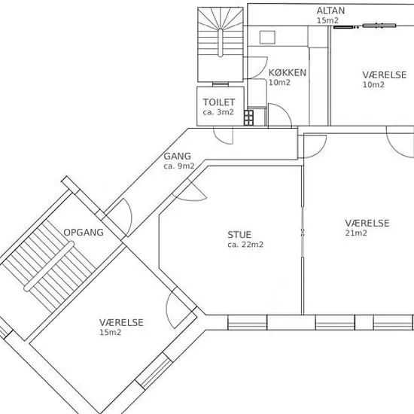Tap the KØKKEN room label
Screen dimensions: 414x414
(x=288, y=73)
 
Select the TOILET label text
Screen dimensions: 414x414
(x=218, y=102)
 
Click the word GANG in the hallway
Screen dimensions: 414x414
(x=177, y=157)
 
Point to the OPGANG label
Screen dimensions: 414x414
(x=84, y=233)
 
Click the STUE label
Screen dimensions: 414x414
(x=239, y=235)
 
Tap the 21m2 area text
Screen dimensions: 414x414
(x=356, y=233)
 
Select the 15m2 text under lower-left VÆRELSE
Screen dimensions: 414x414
(x=110, y=333)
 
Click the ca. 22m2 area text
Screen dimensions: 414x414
(x=245, y=245)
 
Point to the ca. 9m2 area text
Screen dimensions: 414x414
(x=178, y=166)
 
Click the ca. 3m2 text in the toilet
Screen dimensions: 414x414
(x=218, y=112)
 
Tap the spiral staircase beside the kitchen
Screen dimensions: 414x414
(x=221, y=44)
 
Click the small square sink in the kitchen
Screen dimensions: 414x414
(x=267, y=37)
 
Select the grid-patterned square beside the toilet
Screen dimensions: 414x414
(x=248, y=117)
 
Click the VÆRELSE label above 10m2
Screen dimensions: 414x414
(x=384, y=75)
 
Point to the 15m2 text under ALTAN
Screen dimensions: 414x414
(x=327, y=20)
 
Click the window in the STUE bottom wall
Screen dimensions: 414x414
(x=247, y=322)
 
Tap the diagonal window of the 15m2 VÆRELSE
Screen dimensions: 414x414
(x=154, y=370)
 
